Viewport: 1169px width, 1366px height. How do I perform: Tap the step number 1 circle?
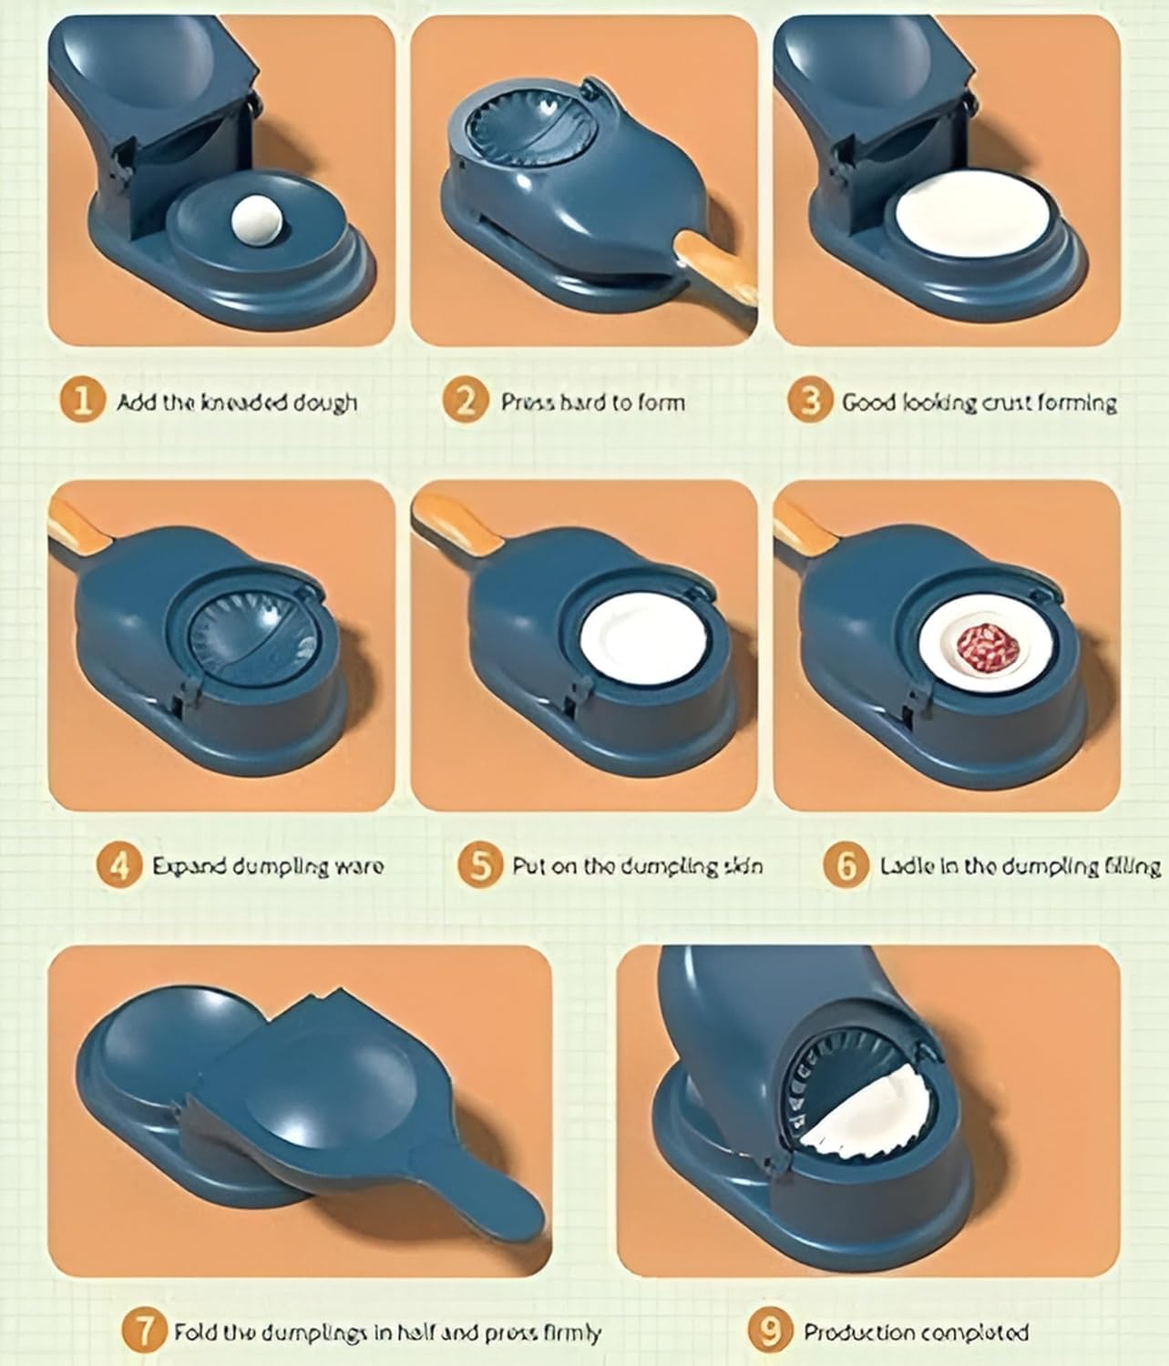[83, 402]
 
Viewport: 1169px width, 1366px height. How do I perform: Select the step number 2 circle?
[466, 402]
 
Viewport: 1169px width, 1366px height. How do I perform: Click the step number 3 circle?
[810, 402]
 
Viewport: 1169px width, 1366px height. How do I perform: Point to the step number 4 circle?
[118, 864]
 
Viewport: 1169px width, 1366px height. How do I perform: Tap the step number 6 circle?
[845, 864]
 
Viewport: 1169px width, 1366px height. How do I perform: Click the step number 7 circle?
[144, 1331]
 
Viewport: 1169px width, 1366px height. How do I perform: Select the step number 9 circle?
[771, 1331]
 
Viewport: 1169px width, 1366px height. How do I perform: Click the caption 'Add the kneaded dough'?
[237, 403]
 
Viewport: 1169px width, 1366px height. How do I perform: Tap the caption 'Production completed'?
[916, 1332]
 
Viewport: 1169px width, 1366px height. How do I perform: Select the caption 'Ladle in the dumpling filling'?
[1020, 865]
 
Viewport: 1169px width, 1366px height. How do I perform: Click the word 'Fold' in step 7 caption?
[193, 1332]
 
